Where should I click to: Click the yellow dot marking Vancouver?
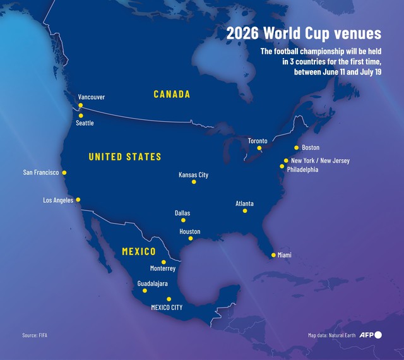click(x=81, y=105)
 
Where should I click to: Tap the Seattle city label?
click(x=85, y=123)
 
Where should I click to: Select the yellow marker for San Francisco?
click(x=64, y=172)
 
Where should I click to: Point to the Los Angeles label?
click(x=58, y=200)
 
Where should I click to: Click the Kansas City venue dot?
click(x=194, y=182)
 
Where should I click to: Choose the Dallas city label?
click(x=182, y=213)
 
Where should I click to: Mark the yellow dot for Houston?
click(x=190, y=239)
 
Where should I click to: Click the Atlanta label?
click(x=244, y=203)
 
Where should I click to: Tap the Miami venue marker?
click(x=273, y=255)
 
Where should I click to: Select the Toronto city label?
click(x=258, y=140)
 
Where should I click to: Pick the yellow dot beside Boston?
click(x=296, y=148)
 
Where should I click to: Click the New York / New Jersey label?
click(x=320, y=160)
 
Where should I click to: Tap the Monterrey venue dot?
click(x=163, y=261)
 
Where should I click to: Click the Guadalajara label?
click(x=152, y=284)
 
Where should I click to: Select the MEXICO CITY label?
click(x=167, y=308)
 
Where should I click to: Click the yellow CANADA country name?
click(x=172, y=94)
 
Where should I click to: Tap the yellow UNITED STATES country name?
click(x=125, y=157)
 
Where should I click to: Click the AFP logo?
click(x=370, y=335)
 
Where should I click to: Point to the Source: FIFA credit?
click(x=35, y=335)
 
